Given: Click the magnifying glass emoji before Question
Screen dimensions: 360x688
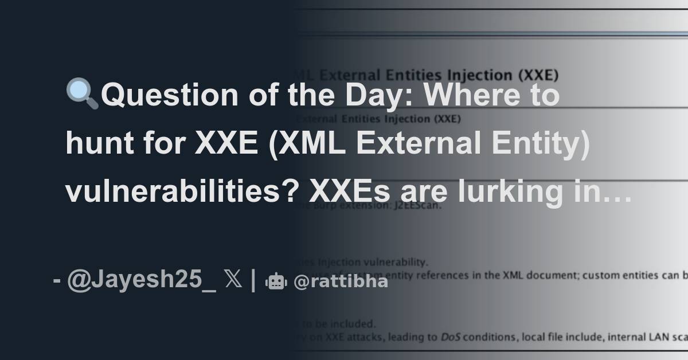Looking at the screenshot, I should (82, 94).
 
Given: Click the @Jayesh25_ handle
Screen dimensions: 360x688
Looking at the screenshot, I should (142, 281).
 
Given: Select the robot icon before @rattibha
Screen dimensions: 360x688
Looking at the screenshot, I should (276, 281).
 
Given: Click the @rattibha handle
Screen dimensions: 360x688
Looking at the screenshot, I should (341, 281).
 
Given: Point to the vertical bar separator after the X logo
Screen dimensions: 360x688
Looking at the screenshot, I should (253, 281).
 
